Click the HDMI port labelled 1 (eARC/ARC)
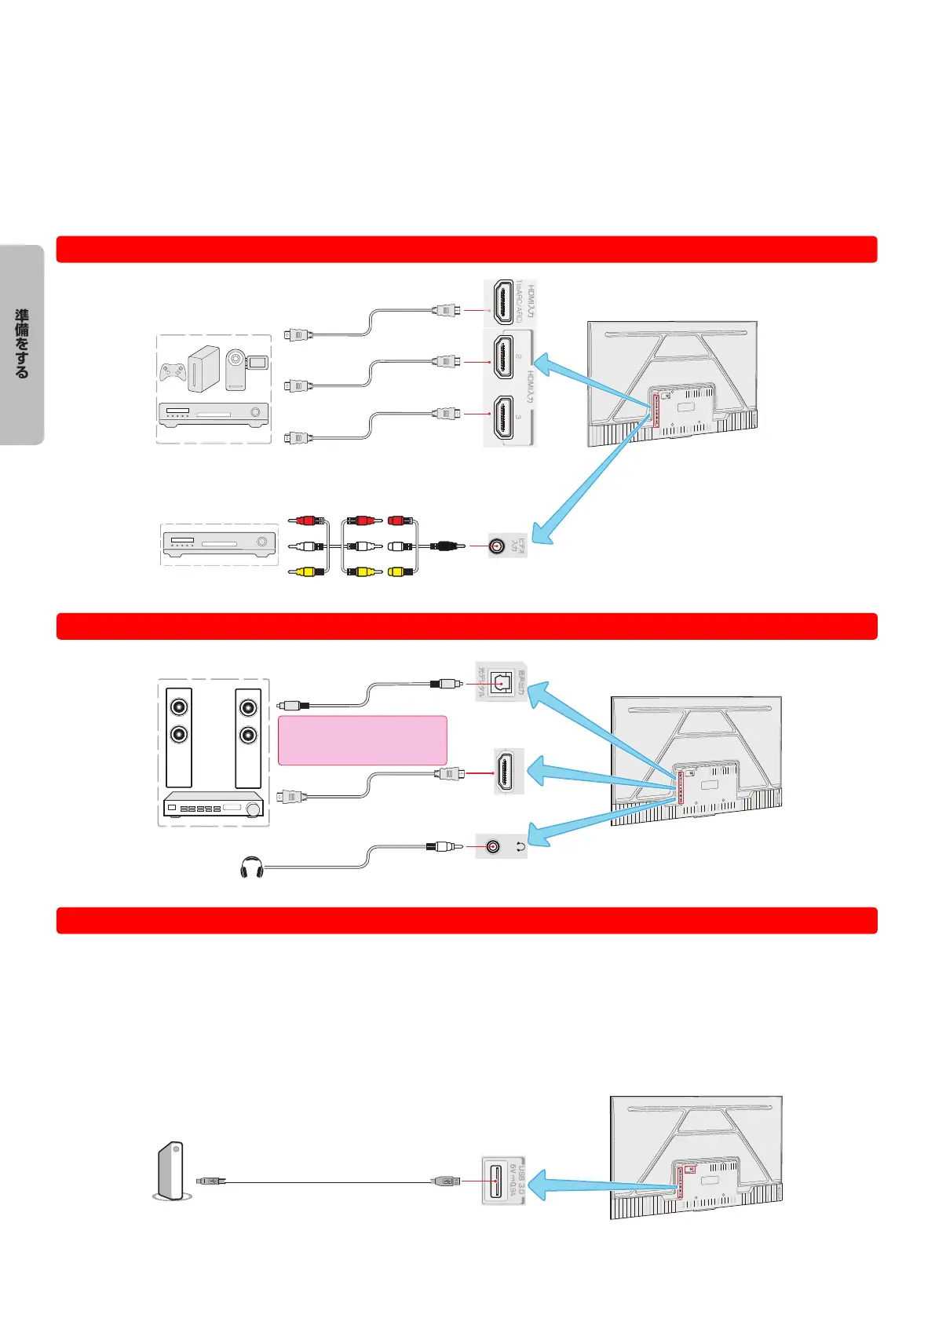point(502,302)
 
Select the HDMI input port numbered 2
point(502,356)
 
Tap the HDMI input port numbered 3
point(502,418)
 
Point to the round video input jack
point(496,546)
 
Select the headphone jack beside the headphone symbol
point(492,846)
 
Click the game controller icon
point(173,371)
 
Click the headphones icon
point(251,868)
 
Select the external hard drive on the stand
point(170,1170)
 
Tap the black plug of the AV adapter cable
point(444,546)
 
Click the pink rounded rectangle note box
point(362,740)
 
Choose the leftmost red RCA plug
point(306,520)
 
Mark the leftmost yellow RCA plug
point(306,572)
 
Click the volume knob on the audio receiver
point(254,809)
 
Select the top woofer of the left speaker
point(180,707)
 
